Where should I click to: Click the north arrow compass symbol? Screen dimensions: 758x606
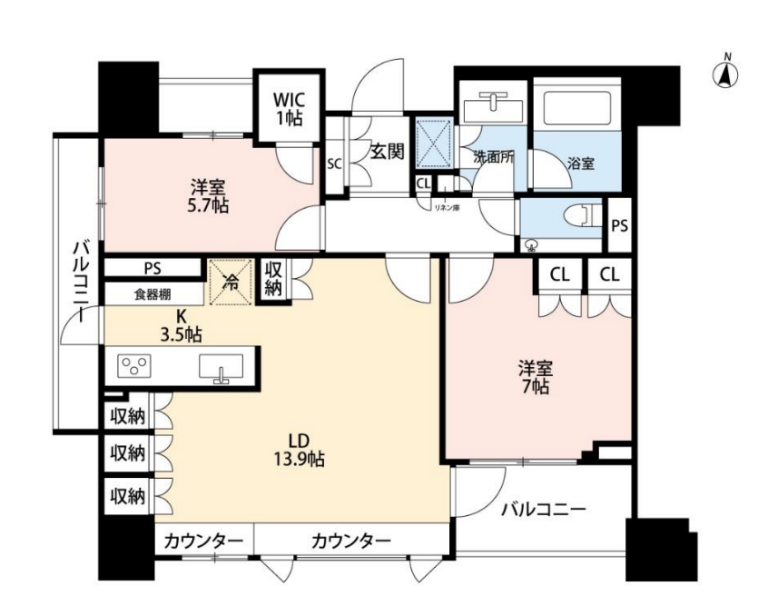pos(726,73)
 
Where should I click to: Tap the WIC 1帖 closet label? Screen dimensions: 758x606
pos(290,109)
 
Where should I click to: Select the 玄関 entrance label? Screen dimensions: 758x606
pos(388,152)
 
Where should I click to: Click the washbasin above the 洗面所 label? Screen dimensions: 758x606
pos(493,108)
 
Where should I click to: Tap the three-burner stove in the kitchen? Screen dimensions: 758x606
pos(135,366)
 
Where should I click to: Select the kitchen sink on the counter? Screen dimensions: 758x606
pos(221,368)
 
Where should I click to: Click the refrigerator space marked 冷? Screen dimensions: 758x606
pos(231,283)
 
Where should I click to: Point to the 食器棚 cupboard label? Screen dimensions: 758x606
pos(153,294)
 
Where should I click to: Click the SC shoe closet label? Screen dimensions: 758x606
pos(334,164)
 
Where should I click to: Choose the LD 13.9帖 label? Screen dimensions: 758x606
pos(300,450)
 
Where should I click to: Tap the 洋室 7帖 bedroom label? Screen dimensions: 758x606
pos(536,377)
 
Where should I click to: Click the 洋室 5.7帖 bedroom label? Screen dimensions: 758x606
pos(208,196)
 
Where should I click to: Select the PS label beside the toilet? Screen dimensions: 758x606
pos(620,225)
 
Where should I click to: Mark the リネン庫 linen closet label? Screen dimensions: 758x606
pos(447,208)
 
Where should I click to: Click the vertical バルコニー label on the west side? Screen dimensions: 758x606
pos(80,283)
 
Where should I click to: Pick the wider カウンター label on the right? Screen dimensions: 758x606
pos(350,541)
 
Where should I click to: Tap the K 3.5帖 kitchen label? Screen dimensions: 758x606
pos(182,325)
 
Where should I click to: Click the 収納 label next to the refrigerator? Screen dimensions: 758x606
pos(273,280)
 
